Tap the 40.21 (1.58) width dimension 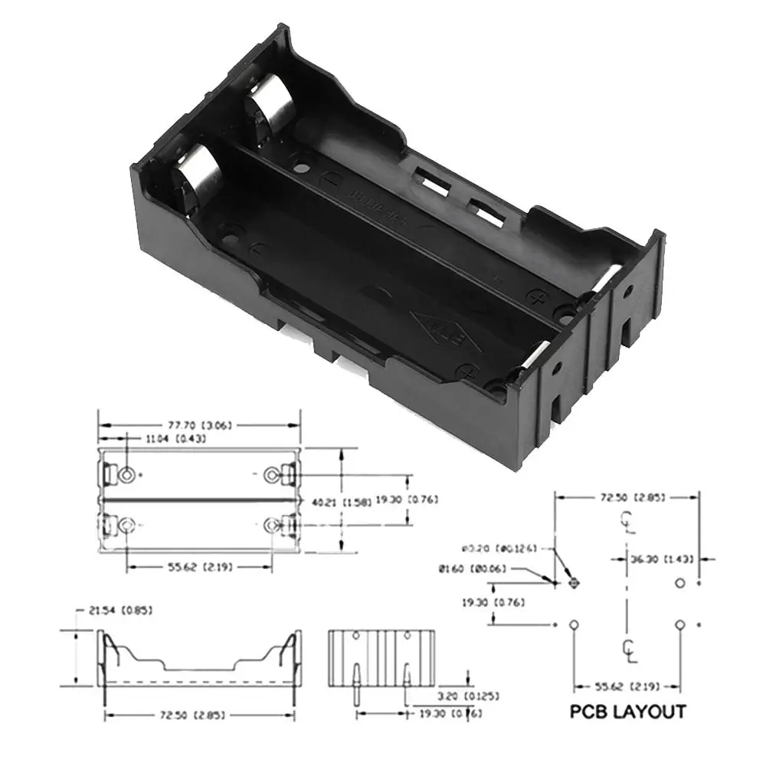[x=332, y=502]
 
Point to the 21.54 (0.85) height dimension [x=120, y=611]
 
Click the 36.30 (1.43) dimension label [x=663, y=559]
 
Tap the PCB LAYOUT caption [x=627, y=712]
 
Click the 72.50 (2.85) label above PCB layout [x=627, y=498]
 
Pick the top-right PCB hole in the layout [x=679, y=584]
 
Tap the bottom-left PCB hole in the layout [x=574, y=626]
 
